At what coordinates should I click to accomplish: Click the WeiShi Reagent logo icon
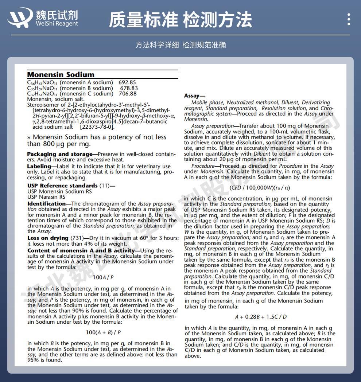(20, 17)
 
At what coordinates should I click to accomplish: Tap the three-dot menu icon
(349, 19)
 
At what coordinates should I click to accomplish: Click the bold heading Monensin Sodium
(61, 74)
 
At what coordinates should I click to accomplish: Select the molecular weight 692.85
(127, 83)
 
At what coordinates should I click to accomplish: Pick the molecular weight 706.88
(128, 94)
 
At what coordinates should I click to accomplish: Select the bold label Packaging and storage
(59, 154)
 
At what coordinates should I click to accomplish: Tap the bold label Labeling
(39, 167)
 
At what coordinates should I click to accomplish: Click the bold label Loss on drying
(48, 238)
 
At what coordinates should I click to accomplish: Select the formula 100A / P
(103, 277)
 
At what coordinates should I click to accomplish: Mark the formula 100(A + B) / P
(103, 332)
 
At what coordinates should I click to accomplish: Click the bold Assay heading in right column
(192, 96)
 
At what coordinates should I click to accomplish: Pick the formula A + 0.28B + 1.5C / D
(261, 317)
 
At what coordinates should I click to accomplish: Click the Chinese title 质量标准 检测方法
(180, 20)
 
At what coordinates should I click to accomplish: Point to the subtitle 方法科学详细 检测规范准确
(180, 45)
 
